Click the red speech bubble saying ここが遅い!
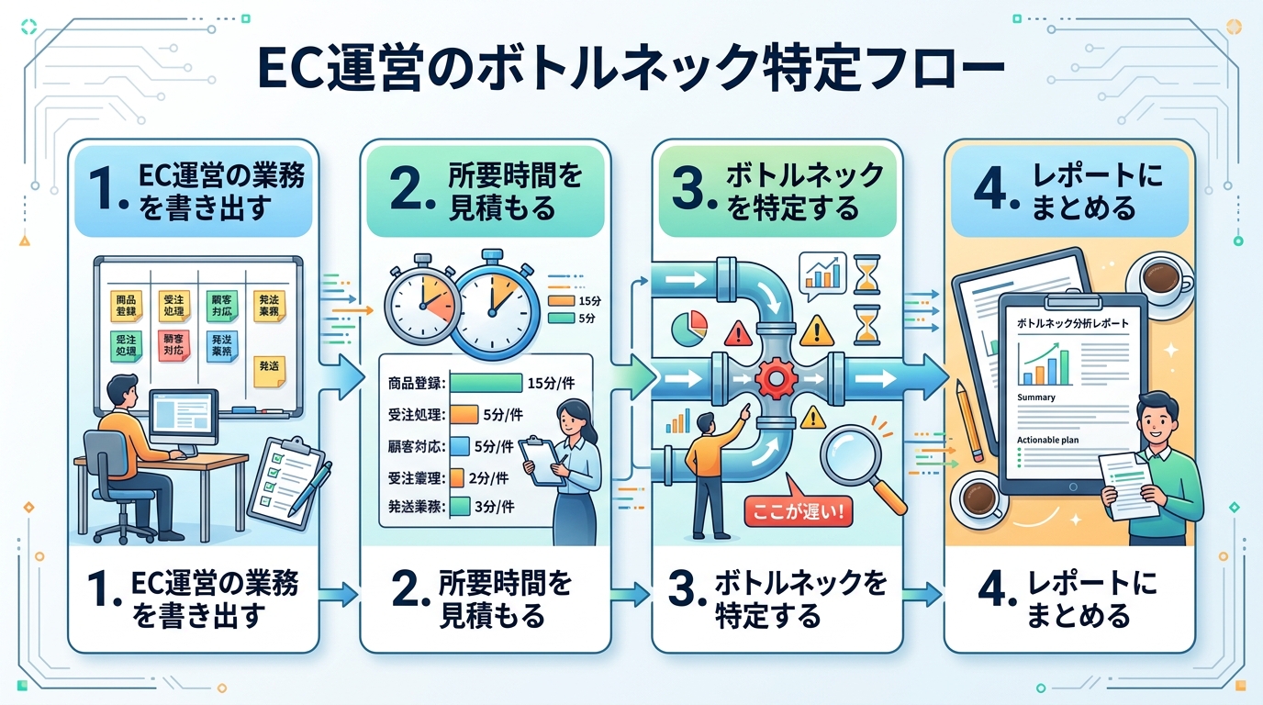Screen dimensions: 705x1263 tap(798, 510)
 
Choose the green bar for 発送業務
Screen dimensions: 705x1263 tap(460, 506)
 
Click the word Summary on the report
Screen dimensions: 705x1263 tap(1036, 397)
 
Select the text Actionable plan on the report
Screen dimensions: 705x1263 tap(1047, 441)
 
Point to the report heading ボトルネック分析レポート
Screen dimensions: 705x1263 tap(1073, 324)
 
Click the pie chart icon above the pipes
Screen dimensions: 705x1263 tap(689, 328)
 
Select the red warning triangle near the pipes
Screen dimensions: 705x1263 tap(735, 330)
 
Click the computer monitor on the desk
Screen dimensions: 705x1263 tap(183, 420)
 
